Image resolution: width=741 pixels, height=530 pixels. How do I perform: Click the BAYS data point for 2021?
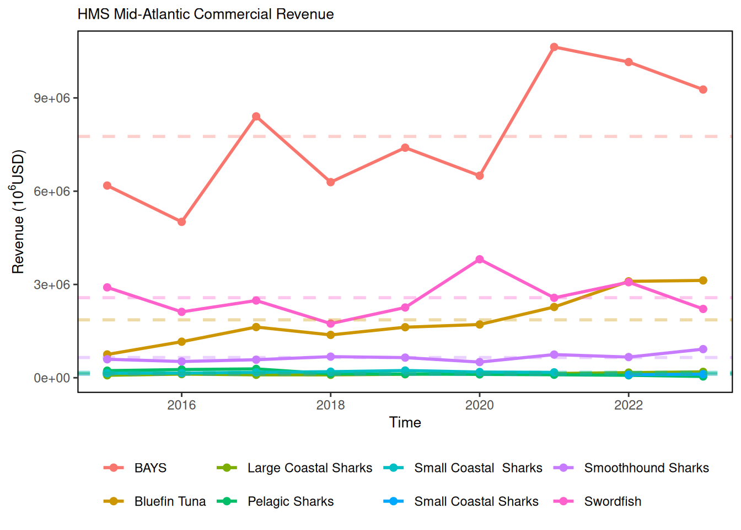(554, 47)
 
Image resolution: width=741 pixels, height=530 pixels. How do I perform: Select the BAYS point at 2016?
(181, 222)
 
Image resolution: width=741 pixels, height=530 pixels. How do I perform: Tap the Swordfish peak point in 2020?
(480, 259)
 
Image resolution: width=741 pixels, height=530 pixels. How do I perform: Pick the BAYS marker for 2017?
(256, 116)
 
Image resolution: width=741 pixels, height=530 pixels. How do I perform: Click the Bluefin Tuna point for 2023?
(703, 280)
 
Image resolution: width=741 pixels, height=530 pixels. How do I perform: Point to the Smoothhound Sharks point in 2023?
(703, 349)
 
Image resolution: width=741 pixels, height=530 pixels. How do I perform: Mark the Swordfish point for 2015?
(107, 288)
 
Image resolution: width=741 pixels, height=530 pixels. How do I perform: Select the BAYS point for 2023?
(703, 89)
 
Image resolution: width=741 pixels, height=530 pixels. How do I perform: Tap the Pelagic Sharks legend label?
(291, 501)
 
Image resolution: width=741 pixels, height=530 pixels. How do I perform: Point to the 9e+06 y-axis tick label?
(52, 98)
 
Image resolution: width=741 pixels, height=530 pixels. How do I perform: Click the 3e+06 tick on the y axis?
(52, 285)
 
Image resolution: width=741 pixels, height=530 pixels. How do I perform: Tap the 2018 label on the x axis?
(330, 405)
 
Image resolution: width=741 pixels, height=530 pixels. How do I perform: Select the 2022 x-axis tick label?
(629, 405)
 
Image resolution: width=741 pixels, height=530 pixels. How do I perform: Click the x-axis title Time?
(405, 422)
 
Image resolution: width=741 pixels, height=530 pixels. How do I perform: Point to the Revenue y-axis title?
(18, 211)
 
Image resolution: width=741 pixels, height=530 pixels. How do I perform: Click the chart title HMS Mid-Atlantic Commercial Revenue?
(206, 14)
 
